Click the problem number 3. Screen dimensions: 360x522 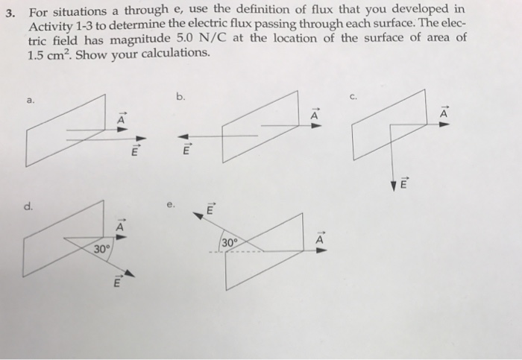click(x=10, y=10)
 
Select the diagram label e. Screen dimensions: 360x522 click(x=173, y=204)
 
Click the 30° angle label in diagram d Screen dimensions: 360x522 click(x=101, y=249)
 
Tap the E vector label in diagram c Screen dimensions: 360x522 click(x=405, y=184)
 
